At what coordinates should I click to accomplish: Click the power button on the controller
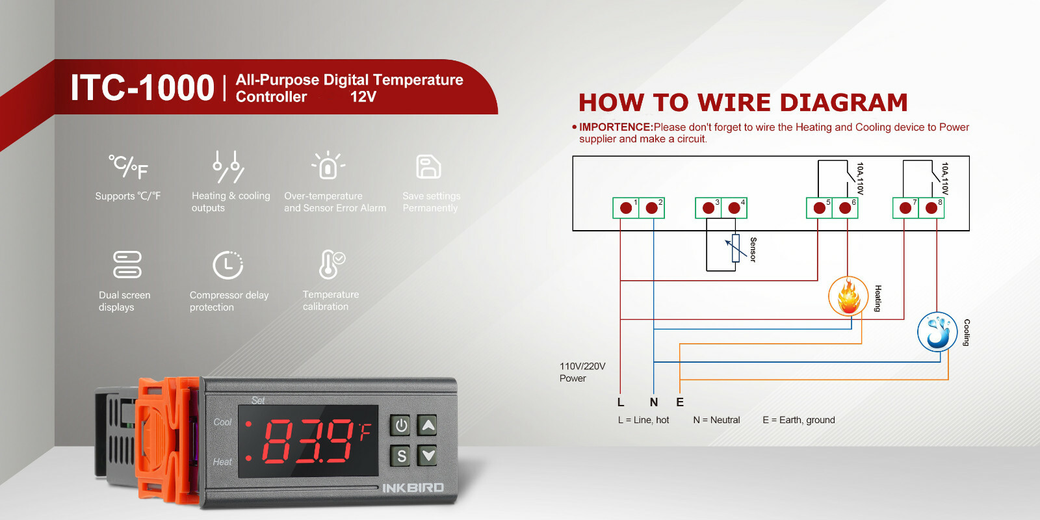tap(401, 426)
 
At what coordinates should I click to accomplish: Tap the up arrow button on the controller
tap(428, 426)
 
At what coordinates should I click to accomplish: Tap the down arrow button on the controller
tap(428, 455)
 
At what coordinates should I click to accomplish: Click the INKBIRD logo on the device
tap(413, 487)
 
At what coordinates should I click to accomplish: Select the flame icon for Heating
tap(848, 296)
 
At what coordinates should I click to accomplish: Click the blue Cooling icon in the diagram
tap(937, 331)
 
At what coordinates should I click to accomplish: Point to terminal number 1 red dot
tap(626, 208)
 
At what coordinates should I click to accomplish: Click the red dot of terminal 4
tap(734, 208)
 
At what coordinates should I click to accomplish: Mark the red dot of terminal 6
tap(845, 208)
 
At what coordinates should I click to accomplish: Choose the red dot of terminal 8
tap(931, 208)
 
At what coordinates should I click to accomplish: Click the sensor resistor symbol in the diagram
tap(735, 248)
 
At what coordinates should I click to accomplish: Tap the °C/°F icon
tap(128, 167)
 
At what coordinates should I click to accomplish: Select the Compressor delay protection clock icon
tap(227, 265)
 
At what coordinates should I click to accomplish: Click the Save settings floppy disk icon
tap(428, 167)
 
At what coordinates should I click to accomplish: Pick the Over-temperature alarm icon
tap(328, 166)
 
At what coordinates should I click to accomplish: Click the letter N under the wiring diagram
tap(654, 402)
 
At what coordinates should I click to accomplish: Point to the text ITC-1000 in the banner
tap(142, 88)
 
